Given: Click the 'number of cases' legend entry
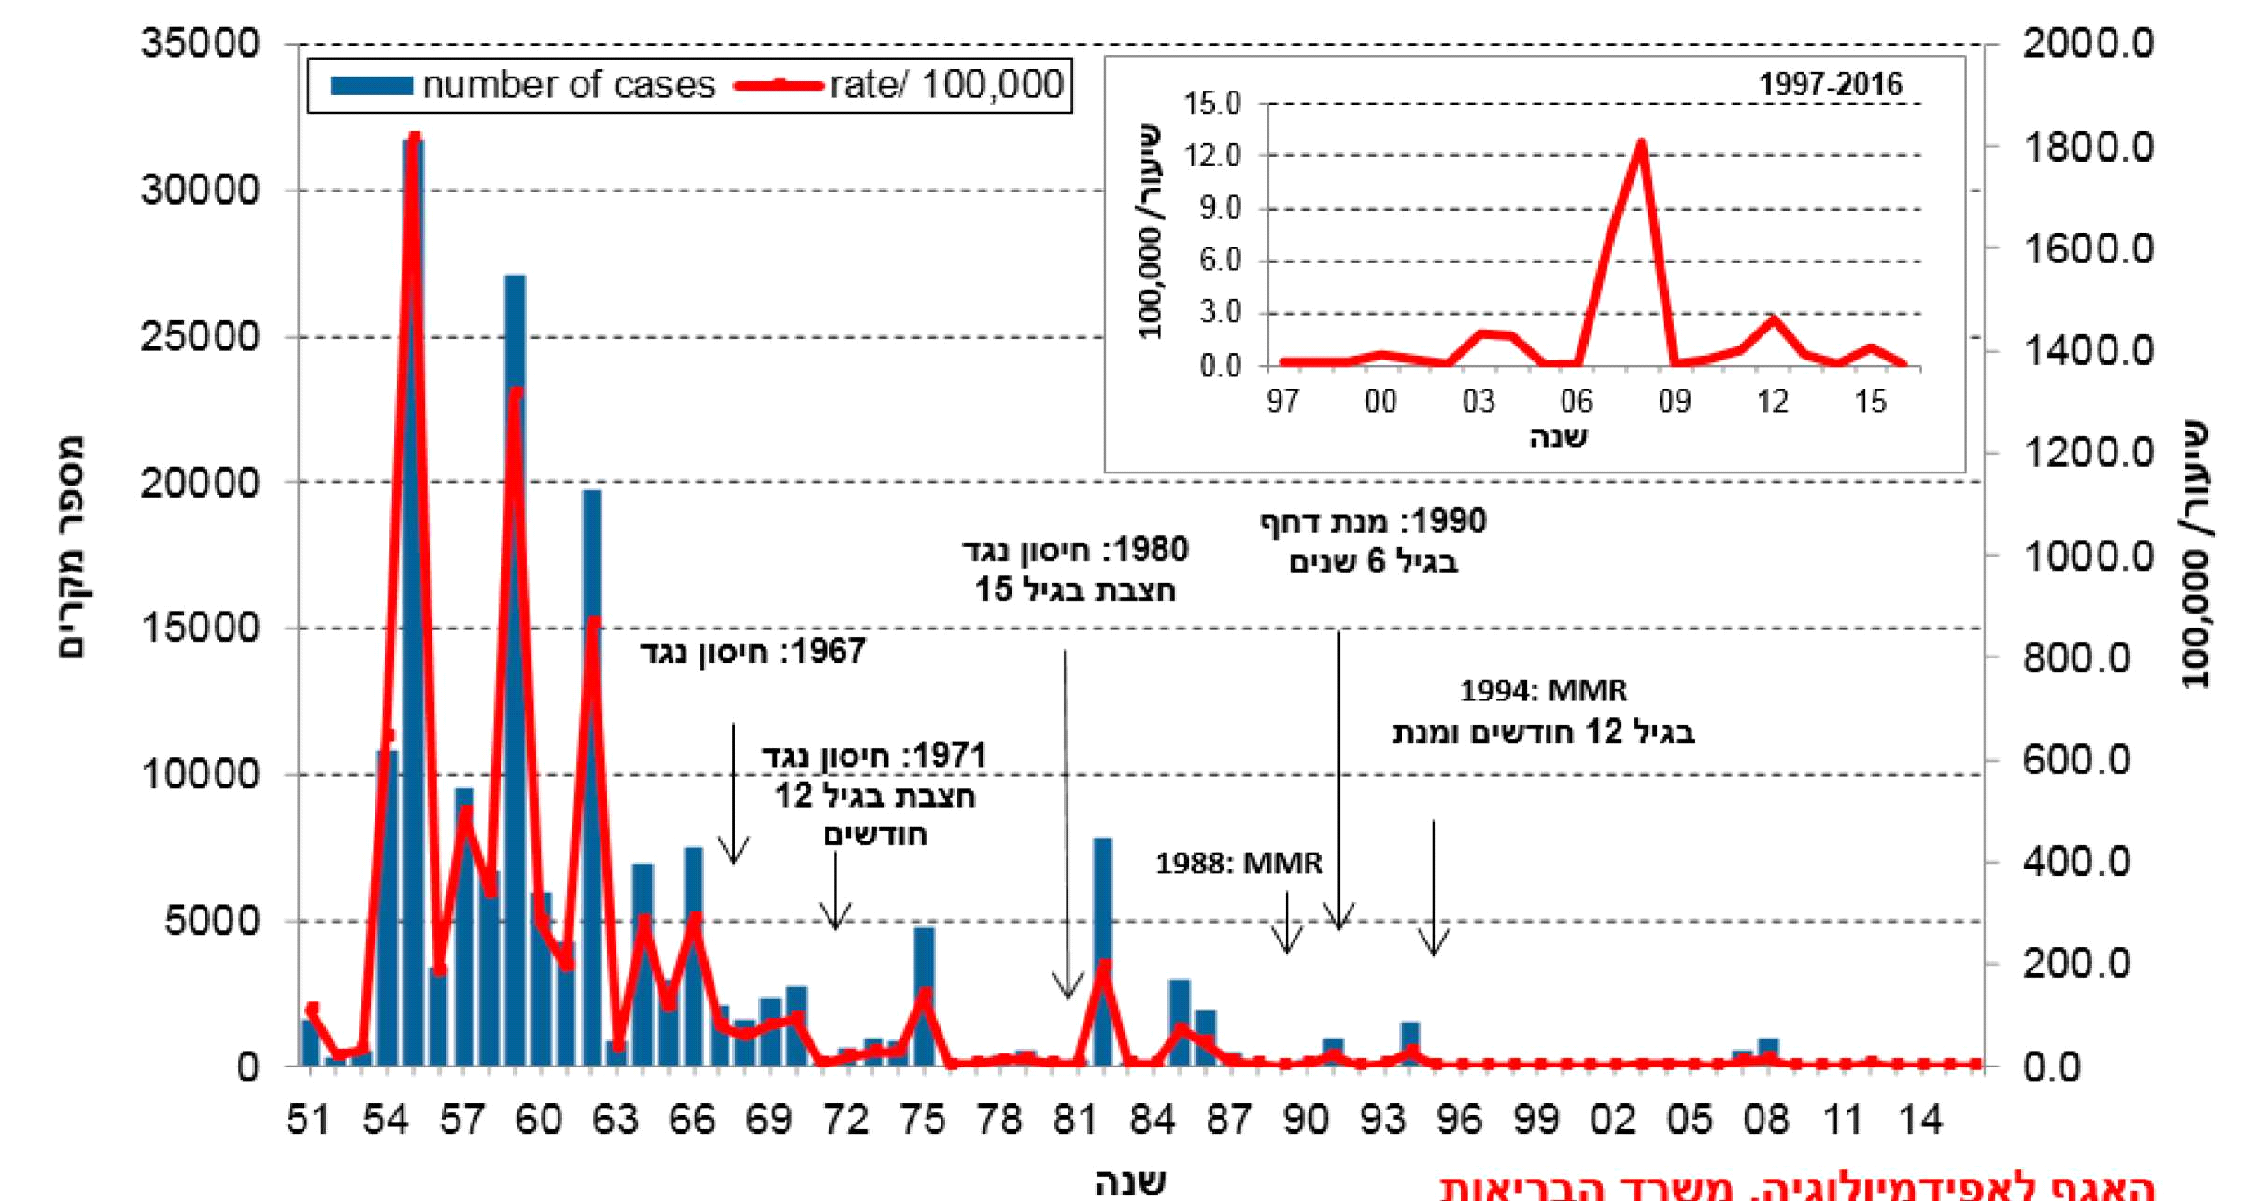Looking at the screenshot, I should pos(523,86).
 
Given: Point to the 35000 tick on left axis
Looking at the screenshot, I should pos(200,44).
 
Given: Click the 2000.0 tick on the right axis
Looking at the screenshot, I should pos(2088,44).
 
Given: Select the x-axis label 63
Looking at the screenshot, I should pos(616,1119).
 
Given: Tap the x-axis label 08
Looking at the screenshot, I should pos(1766,1119).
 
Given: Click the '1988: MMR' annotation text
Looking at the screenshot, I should pos(1238,863).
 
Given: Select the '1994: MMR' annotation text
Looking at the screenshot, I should pos(1543,691).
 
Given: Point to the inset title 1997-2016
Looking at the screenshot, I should pos(1830,85).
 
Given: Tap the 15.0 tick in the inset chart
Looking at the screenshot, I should pos(1212,104).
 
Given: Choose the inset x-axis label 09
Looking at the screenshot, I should pos(1674,402).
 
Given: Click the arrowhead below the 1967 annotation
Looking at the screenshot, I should pos(734,855).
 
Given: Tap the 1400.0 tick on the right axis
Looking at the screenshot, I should pos(2088,351).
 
